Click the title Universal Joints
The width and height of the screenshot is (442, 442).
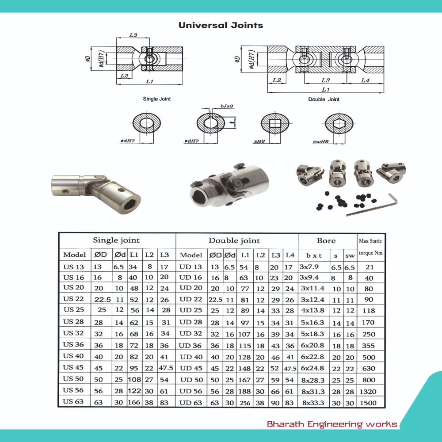(x=221, y=25)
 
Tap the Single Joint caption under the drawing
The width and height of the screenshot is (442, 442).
(x=156, y=99)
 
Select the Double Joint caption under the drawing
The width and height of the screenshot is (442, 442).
(x=324, y=99)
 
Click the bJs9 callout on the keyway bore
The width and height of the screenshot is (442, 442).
(x=227, y=107)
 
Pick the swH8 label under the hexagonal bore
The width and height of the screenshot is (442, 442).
(x=318, y=142)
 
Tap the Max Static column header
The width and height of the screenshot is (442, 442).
(x=370, y=241)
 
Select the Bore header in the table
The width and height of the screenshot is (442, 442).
(x=326, y=241)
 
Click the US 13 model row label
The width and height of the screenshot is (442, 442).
(x=73, y=267)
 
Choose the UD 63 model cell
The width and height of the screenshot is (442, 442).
(x=191, y=403)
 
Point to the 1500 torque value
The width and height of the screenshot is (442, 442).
(x=369, y=403)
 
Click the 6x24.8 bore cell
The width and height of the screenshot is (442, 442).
(x=313, y=368)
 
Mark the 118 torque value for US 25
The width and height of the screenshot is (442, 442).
(x=369, y=311)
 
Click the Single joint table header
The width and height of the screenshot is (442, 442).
(x=116, y=241)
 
